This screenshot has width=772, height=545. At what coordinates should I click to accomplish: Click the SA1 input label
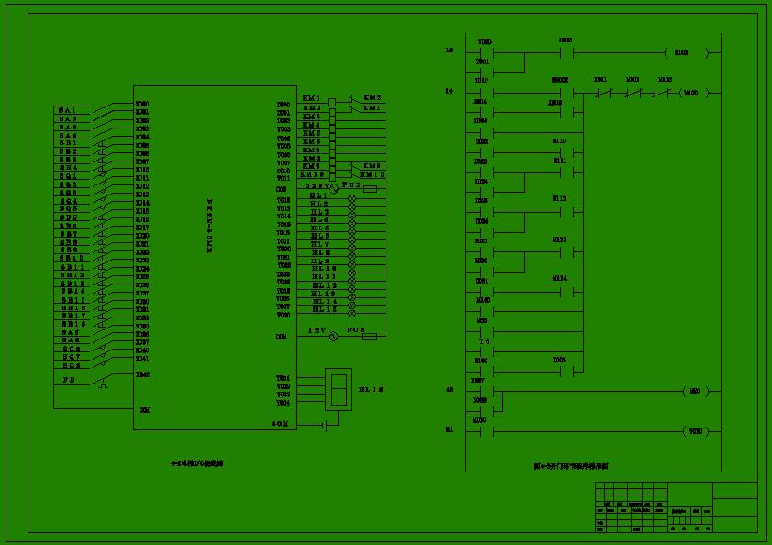tap(69, 110)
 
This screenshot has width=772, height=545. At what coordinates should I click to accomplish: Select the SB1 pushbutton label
tap(69, 143)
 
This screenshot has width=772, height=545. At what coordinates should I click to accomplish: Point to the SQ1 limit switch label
tap(69, 176)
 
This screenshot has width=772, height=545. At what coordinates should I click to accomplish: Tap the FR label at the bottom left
tap(68, 379)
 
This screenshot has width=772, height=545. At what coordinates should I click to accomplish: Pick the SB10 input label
tap(72, 259)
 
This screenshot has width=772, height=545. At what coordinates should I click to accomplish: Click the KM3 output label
tap(312, 117)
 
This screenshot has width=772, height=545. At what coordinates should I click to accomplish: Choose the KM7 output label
tap(312, 150)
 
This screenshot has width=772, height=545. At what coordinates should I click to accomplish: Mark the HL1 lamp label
tap(319, 196)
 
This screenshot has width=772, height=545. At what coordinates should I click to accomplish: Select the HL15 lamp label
tap(324, 309)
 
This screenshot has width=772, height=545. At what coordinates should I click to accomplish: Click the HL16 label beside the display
tap(371, 390)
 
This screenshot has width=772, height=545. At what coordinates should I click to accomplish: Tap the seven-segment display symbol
tap(338, 389)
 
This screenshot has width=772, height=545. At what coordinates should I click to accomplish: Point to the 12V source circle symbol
tap(334, 337)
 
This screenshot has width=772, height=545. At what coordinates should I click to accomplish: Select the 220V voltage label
tap(317, 186)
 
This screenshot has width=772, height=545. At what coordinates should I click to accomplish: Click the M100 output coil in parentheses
tap(691, 93)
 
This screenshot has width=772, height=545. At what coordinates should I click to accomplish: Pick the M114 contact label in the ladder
tap(559, 278)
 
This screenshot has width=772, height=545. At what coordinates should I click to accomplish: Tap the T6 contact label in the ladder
tap(484, 341)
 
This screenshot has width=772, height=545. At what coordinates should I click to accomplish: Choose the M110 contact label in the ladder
tap(559, 141)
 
